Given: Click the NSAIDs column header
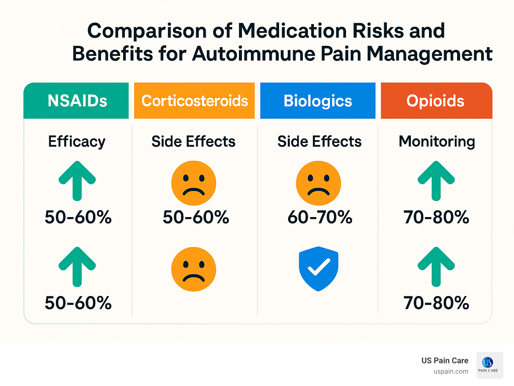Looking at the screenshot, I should [x=77, y=101].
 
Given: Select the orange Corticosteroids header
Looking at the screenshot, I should [x=194, y=101].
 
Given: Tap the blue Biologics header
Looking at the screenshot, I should [x=318, y=101].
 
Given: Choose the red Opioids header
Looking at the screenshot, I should [x=435, y=101].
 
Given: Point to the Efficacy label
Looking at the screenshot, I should [x=77, y=141].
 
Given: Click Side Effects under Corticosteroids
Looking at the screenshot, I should [x=193, y=141].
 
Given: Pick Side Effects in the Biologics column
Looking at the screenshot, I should [x=319, y=141].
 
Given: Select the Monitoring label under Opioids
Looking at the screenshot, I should [x=437, y=141].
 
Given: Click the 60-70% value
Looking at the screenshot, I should [x=320, y=217].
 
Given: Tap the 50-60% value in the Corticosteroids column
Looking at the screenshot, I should [x=196, y=217].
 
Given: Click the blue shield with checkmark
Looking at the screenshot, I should [x=319, y=269].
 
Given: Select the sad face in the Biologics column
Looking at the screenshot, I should [x=319, y=183].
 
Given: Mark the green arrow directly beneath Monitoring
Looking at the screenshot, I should [x=436, y=181].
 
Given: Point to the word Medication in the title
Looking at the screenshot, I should [x=292, y=31].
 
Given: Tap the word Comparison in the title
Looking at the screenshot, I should [x=147, y=31].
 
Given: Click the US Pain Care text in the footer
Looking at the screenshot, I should [x=445, y=361].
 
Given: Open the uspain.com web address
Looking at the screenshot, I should [x=451, y=371].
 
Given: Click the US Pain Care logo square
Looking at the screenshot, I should [x=490, y=365].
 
